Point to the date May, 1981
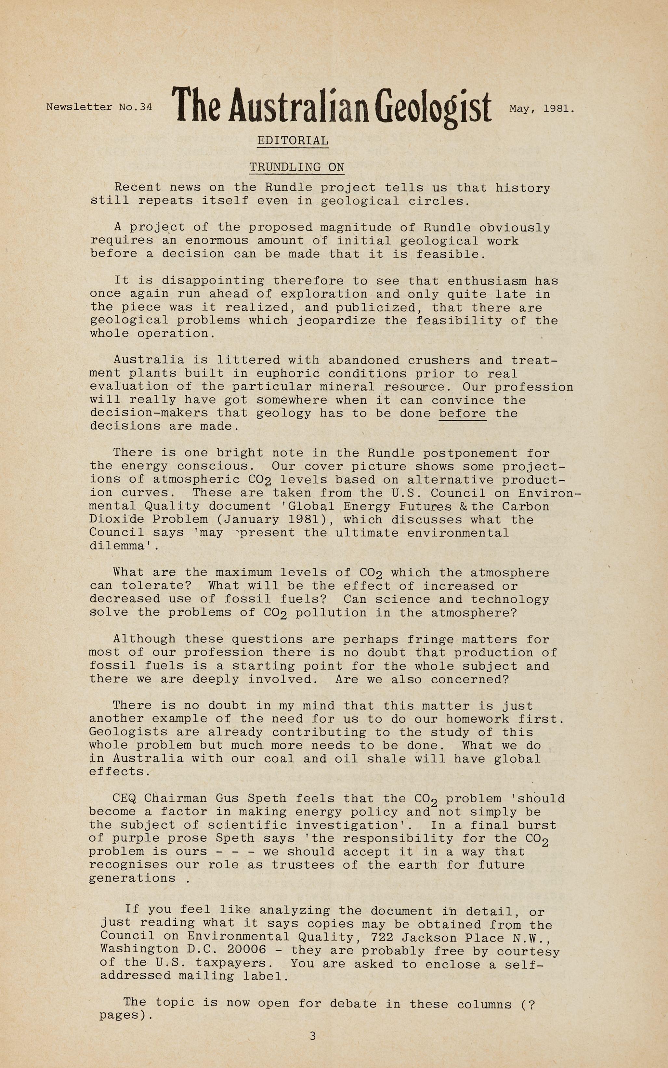pyautogui.click(x=542, y=108)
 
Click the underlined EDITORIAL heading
pyautogui.click(x=293, y=140)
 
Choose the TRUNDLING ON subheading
pyautogui.click(x=296, y=167)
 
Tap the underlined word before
pyautogui.click(x=463, y=414)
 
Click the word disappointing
pyautogui.click(x=213, y=281)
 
